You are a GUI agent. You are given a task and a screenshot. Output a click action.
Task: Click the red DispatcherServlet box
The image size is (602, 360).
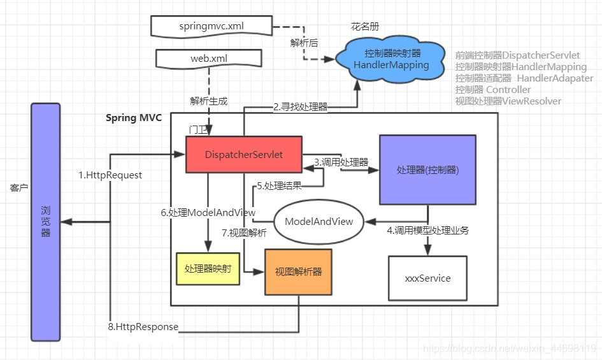click(x=243, y=154)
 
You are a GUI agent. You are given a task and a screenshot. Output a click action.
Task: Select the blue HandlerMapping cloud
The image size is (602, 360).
click(x=391, y=59)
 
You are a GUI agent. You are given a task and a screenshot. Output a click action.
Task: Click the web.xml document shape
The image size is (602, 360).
click(x=209, y=59)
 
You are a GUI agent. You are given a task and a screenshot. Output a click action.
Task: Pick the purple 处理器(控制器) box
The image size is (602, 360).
click(x=427, y=169)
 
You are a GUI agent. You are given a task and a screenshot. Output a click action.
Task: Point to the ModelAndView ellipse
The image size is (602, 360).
click(x=318, y=222)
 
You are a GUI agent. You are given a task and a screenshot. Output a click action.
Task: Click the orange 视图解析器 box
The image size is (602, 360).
click(x=298, y=272)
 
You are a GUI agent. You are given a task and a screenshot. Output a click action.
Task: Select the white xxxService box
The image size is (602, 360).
click(x=427, y=278)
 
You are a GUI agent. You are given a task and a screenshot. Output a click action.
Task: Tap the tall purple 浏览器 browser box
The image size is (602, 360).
click(x=46, y=221)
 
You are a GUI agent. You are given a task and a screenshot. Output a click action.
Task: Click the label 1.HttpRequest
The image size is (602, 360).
click(x=110, y=175)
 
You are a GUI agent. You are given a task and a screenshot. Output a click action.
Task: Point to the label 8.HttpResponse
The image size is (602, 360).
click(x=143, y=327)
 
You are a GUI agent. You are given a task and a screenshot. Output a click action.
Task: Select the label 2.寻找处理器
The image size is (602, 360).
click(x=301, y=107)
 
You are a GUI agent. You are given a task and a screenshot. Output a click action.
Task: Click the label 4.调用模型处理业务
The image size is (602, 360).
click(x=428, y=231)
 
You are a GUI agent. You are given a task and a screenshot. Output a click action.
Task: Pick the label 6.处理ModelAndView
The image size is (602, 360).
click(x=208, y=212)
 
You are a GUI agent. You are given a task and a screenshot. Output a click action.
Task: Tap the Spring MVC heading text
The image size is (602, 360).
click(x=134, y=118)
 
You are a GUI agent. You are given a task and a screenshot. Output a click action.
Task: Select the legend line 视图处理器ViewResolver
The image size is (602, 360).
click(x=508, y=101)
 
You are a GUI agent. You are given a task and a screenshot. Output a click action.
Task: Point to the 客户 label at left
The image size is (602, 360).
click(x=18, y=188)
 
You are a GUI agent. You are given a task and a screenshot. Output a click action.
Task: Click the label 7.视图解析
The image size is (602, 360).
click(x=244, y=233)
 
